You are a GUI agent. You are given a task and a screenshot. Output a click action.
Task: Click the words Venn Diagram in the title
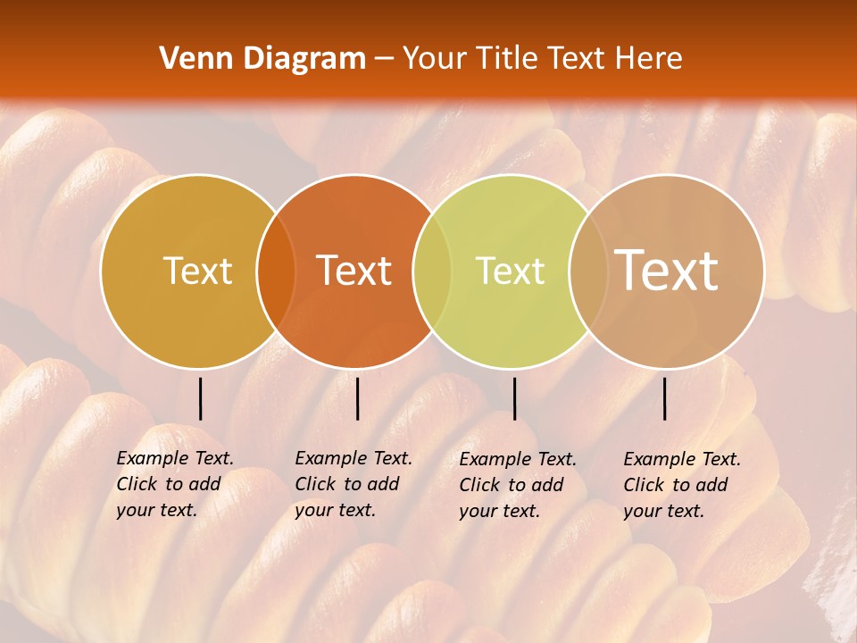point(262,59)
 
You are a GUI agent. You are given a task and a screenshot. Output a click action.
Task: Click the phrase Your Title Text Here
point(542,59)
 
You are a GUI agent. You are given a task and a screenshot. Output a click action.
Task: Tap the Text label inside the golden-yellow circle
point(197,271)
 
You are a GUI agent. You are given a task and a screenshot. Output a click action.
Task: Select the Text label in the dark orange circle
point(354,271)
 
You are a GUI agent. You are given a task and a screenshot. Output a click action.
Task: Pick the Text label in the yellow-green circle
point(510,271)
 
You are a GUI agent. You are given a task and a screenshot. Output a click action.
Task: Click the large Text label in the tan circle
point(667,270)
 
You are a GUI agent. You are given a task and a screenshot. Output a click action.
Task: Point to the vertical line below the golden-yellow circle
point(201,398)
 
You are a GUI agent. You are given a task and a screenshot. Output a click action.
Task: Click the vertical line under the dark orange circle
point(357,398)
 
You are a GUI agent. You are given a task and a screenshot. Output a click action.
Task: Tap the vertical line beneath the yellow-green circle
point(514,398)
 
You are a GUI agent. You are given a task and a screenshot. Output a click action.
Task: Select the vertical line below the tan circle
point(665,398)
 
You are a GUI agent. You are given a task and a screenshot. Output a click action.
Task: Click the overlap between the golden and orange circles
point(276,271)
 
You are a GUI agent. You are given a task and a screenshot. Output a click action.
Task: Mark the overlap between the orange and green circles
point(432,271)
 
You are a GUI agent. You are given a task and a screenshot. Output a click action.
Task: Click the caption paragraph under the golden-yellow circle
point(175,484)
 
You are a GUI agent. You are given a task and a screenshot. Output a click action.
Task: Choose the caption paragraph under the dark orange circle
point(354,484)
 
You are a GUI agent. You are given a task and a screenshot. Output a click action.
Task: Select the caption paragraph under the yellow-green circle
point(518,485)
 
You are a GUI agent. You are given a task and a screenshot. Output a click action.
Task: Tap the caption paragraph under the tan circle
point(682,485)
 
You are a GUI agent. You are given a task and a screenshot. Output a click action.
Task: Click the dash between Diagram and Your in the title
point(384,59)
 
